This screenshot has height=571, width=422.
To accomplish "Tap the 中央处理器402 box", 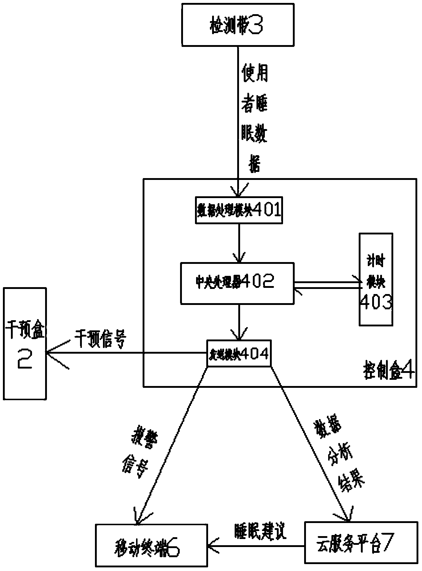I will pyautogui.click(x=237, y=283).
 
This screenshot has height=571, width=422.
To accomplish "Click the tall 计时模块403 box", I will pyautogui.click(x=376, y=279).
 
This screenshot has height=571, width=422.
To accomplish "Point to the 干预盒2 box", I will pyautogui.click(x=25, y=343).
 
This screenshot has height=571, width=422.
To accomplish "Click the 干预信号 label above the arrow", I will pyautogui.click(x=100, y=339).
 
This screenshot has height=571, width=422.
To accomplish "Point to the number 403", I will pyautogui.click(x=376, y=302).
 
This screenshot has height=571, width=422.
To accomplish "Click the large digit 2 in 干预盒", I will pyautogui.click(x=25, y=357).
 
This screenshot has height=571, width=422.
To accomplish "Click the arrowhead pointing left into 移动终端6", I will pyautogui.click(x=213, y=546).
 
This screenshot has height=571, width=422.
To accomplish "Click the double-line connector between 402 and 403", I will pyautogui.click(x=326, y=285).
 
